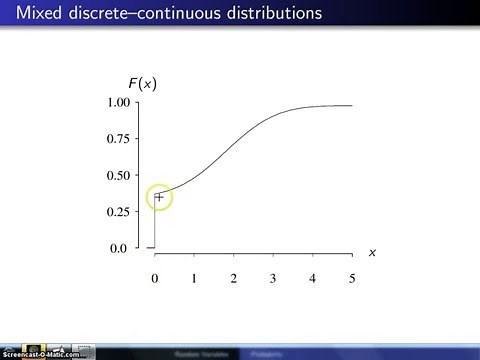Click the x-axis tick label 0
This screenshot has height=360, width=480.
click(x=154, y=277)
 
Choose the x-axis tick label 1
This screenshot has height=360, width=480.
click(x=194, y=277)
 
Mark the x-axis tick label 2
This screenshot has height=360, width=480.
click(x=233, y=277)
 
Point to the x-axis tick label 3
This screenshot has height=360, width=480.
click(x=273, y=277)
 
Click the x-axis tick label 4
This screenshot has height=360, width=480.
click(x=312, y=277)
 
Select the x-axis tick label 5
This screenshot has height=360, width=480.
click(x=352, y=277)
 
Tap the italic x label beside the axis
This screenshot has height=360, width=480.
click(x=372, y=252)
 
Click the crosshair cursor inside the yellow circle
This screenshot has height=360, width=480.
click(x=159, y=197)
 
